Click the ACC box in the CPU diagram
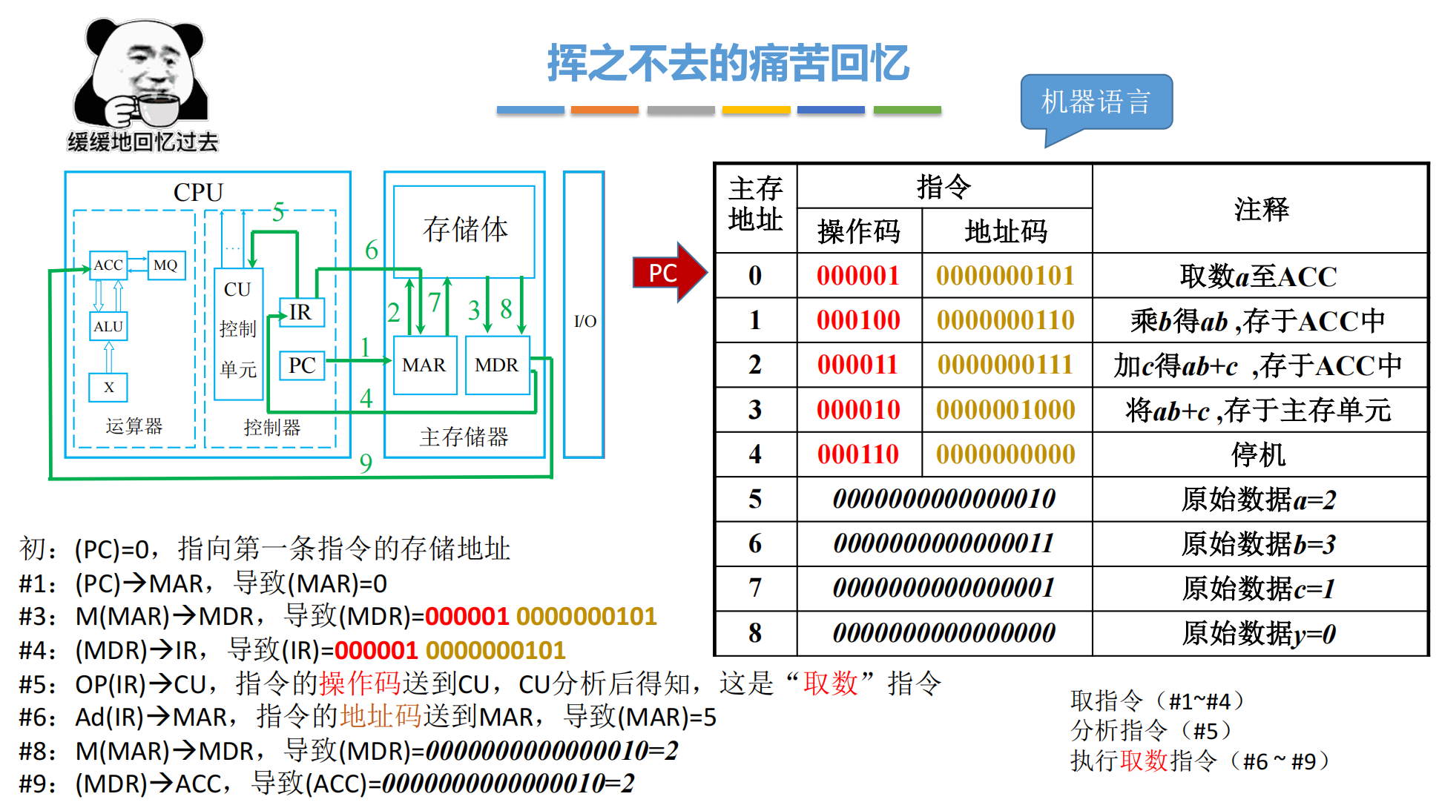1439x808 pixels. [x=108, y=265]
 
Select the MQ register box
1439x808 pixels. [x=165, y=265]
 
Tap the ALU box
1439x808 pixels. [x=108, y=326]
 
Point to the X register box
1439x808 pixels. [x=108, y=387]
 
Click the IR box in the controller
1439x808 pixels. [x=301, y=312]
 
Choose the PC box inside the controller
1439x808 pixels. [x=302, y=365]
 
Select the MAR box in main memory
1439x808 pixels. [x=424, y=365]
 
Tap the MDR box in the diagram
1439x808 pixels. [x=497, y=365]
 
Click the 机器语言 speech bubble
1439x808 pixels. [x=1096, y=102]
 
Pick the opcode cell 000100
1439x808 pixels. [x=858, y=320]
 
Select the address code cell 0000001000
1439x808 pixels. [x=1006, y=410]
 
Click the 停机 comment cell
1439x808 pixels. [x=1259, y=454]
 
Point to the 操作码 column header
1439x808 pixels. [x=858, y=231]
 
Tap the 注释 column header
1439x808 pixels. [x=1261, y=209]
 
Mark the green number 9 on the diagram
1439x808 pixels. [x=366, y=463]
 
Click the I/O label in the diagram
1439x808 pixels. [x=585, y=321]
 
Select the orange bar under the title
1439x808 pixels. [x=605, y=110]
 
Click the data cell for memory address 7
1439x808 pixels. [x=944, y=589]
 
